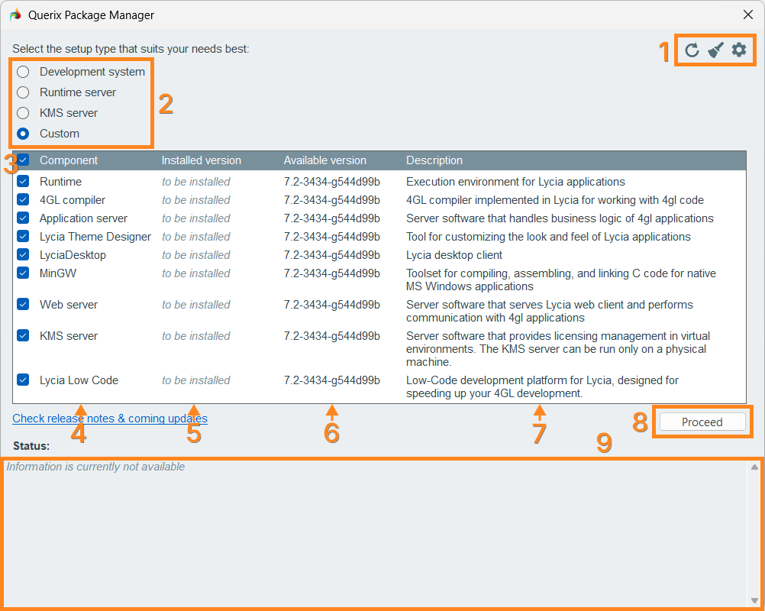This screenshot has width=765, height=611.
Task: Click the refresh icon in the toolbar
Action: tap(692, 50)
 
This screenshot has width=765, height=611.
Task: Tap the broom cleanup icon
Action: tap(715, 50)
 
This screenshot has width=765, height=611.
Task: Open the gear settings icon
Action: tap(739, 50)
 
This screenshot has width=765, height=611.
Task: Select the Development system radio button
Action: tap(23, 72)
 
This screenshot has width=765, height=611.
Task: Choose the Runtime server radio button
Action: tap(23, 92)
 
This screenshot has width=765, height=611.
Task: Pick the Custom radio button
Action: tap(23, 133)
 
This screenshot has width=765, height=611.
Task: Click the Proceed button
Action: tap(702, 422)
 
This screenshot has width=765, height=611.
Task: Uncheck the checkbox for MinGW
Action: tap(23, 273)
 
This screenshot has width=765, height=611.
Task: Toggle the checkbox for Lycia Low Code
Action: tap(23, 380)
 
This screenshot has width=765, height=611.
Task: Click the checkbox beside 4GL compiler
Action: tap(23, 199)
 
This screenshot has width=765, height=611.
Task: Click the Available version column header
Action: tap(325, 160)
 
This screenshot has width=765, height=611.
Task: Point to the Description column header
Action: tap(434, 160)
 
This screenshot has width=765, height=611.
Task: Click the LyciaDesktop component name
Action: tap(73, 255)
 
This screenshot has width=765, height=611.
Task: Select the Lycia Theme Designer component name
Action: tap(95, 237)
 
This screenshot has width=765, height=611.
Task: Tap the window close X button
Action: tap(748, 15)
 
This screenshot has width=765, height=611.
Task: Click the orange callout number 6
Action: tap(332, 433)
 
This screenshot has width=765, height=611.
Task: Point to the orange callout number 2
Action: tap(166, 104)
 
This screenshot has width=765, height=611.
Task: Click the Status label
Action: tap(31, 445)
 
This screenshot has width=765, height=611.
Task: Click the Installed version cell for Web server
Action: tap(196, 305)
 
